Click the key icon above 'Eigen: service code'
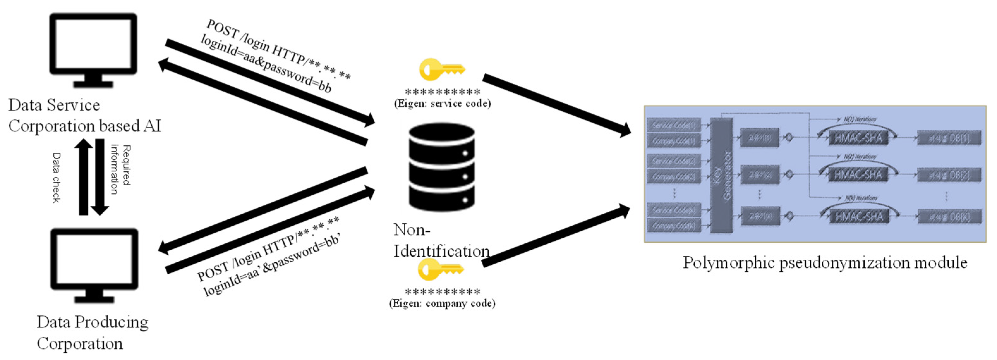[442, 70]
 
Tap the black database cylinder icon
[442, 167]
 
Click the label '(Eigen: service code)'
[442, 103]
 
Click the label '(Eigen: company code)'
[442, 303]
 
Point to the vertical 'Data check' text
[57, 177]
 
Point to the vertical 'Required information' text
[120, 169]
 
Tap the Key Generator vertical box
[722, 175]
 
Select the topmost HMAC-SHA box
[858, 138]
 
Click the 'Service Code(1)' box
[674, 125]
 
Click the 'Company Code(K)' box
[674, 225]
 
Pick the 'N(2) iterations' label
[860, 157]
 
